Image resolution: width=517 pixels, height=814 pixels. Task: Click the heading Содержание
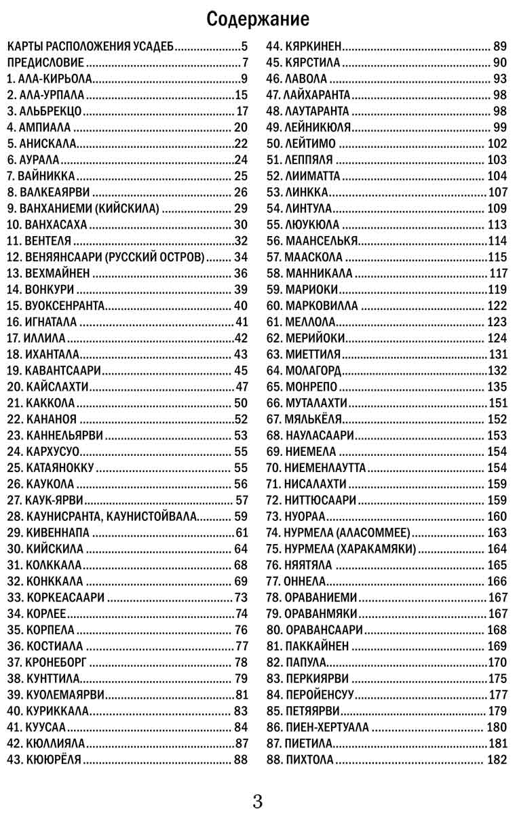coord(258,19)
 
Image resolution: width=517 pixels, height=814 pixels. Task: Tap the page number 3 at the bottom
coord(258,801)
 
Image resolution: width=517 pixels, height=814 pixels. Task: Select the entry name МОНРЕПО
coord(311,387)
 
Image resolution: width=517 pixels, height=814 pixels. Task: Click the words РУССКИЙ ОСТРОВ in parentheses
coord(165,257)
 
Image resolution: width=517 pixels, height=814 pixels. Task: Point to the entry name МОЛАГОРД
coord(313,370)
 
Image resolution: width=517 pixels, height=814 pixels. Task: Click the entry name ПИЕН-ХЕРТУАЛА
coord(328,727)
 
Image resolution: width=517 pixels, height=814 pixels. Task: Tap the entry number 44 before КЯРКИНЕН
coord(273,47)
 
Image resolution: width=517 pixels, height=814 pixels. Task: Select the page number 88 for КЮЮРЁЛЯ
coord(241,760)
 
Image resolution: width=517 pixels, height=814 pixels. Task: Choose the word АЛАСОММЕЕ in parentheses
coord(372,532)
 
